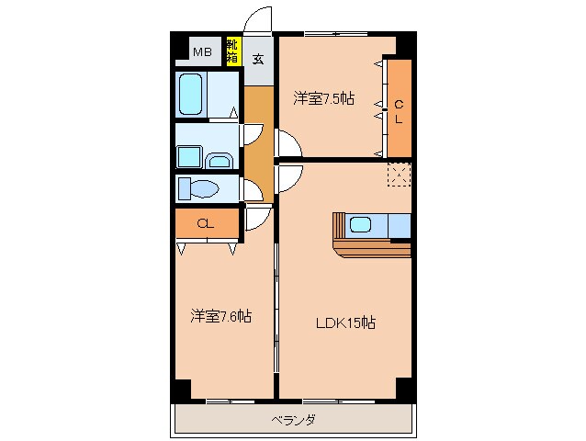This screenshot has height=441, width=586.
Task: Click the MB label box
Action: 202,52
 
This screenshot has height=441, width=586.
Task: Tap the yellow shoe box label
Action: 231,51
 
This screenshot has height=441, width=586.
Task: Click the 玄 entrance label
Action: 258,60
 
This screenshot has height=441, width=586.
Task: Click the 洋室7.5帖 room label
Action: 323,97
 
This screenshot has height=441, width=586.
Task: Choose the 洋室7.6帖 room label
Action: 221,317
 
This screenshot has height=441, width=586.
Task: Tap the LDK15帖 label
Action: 345,322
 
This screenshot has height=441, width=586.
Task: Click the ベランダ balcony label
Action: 294,421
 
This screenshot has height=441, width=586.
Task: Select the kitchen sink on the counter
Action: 360,224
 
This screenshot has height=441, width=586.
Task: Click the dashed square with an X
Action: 399,173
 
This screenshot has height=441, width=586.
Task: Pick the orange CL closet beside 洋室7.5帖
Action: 399,107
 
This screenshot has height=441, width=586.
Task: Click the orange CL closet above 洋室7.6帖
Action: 206,222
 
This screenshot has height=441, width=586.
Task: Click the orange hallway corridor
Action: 259,138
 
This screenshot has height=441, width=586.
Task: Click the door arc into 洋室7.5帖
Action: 287,145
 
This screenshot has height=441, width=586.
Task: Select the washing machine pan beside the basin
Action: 190,157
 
